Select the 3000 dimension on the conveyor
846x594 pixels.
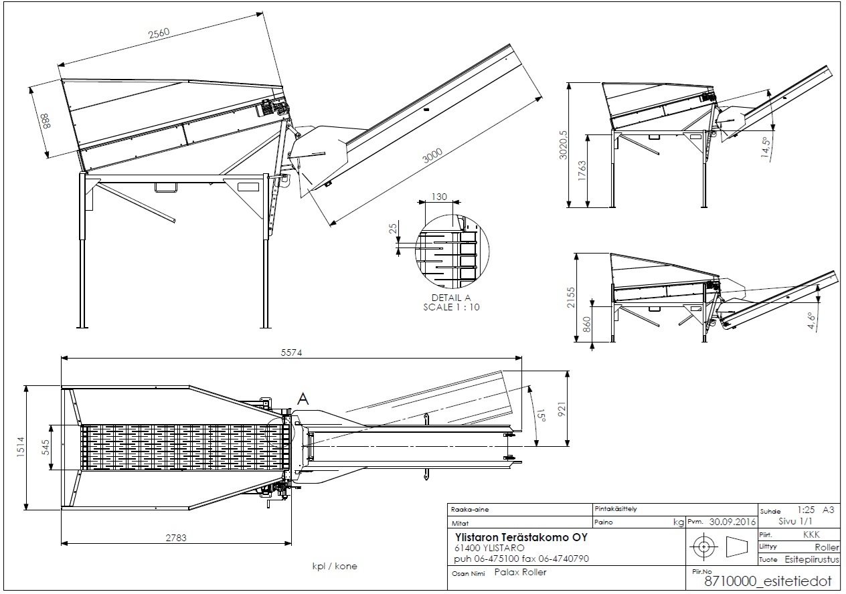coord(433,157)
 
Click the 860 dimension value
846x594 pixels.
coord(587,324)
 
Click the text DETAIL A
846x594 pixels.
coord(452,298)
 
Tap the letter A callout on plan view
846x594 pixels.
coord(303,399)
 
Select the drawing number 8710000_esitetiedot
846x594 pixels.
coord(767,581)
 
